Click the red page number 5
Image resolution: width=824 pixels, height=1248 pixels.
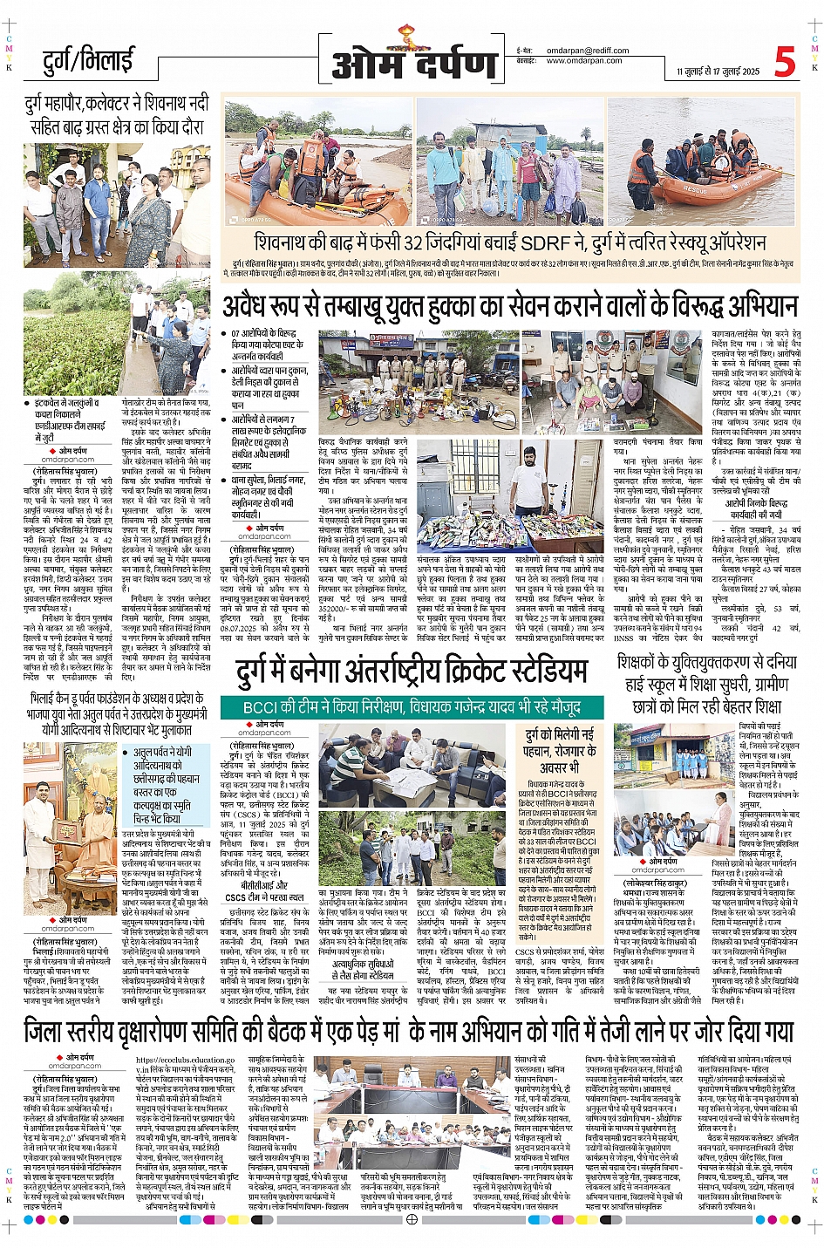[x=784, y=62]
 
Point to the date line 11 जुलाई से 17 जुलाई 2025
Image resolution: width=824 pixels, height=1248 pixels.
[x=718, y=72]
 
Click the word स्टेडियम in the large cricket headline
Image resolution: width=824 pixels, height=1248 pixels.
[x=533, y=670]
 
